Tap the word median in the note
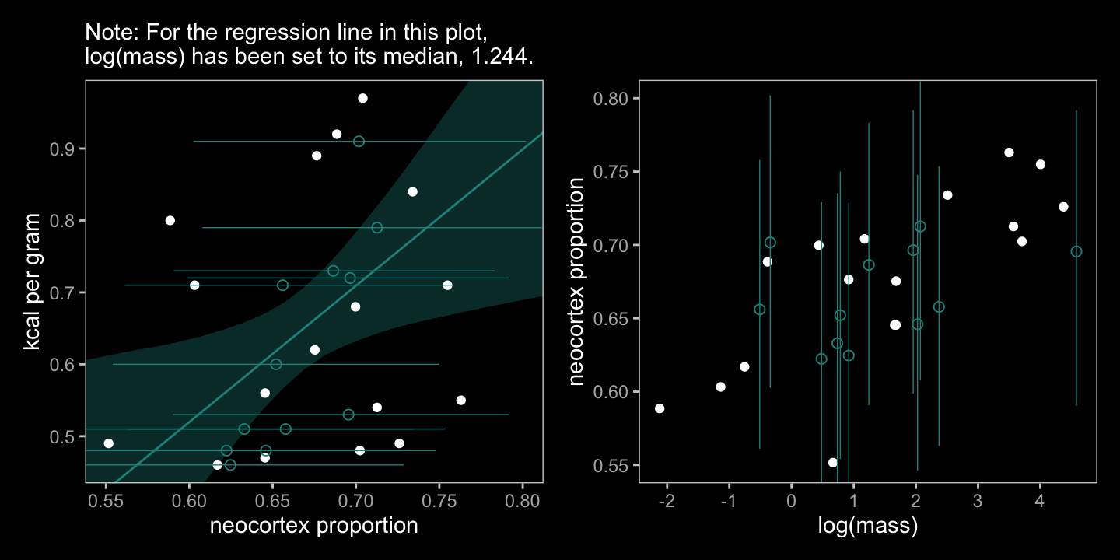pos(401,58)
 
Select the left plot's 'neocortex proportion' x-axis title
pos(313,527)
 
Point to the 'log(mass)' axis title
pos(867,527)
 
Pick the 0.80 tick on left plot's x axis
pos(522,499)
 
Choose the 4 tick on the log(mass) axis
pos(1039,499)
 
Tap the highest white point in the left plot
pos(362,98)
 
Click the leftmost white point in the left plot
pos(108,443)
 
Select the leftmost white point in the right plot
pos(660,408)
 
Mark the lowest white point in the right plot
pos(833,463)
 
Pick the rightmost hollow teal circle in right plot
pos(1076,251)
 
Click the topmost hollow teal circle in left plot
pos(359,142)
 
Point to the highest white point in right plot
pos(1009,152)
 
